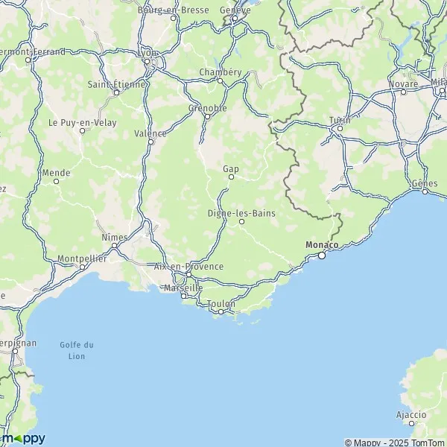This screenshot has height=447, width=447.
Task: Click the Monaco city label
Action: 322,244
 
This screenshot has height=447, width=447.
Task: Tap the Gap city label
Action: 231,168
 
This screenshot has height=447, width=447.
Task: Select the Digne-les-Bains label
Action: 241,213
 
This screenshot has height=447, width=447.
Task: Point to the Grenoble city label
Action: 207,107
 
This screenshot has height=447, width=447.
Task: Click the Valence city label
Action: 150,133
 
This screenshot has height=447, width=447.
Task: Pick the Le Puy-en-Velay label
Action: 82,122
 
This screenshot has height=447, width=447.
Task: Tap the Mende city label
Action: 56,172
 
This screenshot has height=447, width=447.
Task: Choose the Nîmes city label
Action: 114,237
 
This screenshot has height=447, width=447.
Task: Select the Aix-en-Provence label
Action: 188,266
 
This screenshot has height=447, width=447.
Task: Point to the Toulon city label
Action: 221,303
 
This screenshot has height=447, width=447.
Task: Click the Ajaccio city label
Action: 411,414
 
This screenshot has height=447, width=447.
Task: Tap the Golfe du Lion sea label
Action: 77,350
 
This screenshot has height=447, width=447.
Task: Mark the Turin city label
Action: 339,120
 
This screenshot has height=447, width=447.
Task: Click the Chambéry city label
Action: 221,72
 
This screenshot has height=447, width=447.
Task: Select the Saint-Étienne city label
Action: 116,84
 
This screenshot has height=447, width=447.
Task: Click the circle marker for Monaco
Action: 322,256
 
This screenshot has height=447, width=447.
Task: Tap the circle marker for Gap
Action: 231,177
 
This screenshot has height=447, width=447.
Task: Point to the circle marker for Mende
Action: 56,181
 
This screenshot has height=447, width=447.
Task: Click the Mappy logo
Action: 23,438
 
